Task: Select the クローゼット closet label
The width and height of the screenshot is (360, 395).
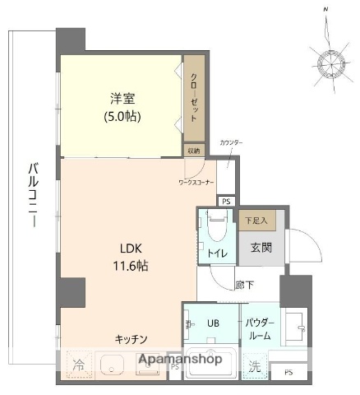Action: coord(194,98)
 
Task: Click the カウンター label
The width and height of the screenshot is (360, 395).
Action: coord(231,143)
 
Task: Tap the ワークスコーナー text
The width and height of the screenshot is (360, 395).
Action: coord(196,182)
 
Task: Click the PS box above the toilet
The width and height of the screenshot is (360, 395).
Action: coord(226,200)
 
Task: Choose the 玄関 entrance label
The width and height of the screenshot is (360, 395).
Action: coord(261,248)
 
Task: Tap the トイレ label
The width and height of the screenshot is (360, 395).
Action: coord(217,253)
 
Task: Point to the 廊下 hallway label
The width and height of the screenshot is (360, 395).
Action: coord(244,284)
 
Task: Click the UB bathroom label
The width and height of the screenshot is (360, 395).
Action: coord(212,323)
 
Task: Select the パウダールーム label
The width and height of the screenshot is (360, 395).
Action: coord(259,329)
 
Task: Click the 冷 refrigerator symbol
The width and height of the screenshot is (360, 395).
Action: coord(78,363)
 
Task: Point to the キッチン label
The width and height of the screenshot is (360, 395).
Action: coord(131,338)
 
